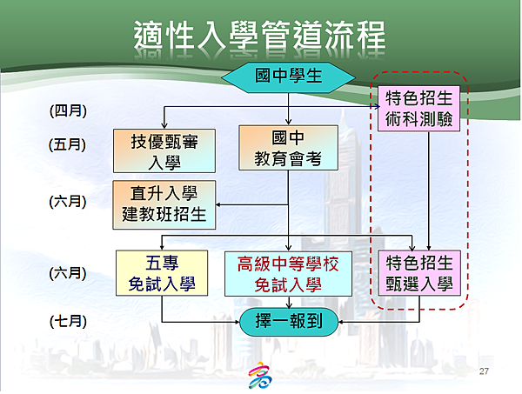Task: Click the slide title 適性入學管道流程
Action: [259, 36]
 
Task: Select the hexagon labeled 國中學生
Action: [288, 77]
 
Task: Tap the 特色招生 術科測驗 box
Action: [418, 109]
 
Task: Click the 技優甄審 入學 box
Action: [164, 150]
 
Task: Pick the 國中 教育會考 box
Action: [288, 148]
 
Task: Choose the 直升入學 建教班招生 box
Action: [164, 204]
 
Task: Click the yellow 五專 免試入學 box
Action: [162, 273]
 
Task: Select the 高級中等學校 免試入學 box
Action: [288, 273]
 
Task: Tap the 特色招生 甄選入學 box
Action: [419, 273]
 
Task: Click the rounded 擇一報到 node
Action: [289, 322]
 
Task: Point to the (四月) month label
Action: [68, 110]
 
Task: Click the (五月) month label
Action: [67, 144]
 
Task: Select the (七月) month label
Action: [68, 322]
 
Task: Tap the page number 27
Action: [484, 371]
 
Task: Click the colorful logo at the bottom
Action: [260, 375]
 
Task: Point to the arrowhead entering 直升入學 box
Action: [218, 204]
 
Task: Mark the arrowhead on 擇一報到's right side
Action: [340, 322]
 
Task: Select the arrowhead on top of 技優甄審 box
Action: [164, 126]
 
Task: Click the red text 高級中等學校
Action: [288, 264]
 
